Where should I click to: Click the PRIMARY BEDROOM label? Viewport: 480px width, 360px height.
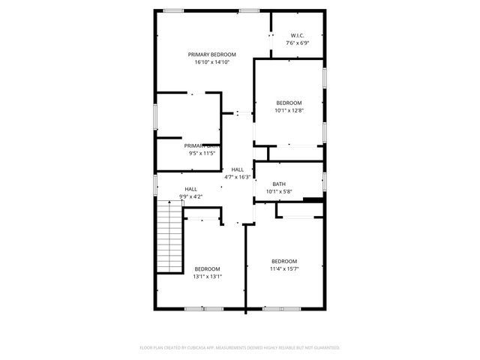tap(212, 55)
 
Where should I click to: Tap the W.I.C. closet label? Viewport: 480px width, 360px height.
tap(298, 35)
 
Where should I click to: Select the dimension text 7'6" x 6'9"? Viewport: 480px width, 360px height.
tap(298, 43)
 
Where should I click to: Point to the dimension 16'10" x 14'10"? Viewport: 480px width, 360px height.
tap(212, 62)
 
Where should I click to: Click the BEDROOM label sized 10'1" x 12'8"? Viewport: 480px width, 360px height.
tap(289, 103)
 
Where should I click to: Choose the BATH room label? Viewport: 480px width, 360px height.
tap(279, 184)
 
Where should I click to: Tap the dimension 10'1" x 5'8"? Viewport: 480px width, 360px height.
tap(279, 191)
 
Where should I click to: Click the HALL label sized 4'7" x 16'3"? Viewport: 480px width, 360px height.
tap(238, 169)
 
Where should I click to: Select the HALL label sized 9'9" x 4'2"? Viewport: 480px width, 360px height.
tap(191, 189)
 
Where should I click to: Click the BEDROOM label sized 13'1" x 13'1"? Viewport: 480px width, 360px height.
tap(207, 268)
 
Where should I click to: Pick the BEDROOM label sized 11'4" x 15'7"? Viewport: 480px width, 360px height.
tap(284, 261)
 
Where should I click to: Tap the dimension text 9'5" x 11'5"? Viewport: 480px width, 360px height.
tap(201, 154)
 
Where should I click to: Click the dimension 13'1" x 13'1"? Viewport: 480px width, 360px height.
tap(207, 276)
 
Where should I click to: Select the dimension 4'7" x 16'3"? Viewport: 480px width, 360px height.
tap(238, 177)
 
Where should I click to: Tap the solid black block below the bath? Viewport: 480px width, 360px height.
tap(313, 199)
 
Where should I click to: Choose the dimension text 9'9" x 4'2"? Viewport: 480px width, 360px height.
tap(191, 196)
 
